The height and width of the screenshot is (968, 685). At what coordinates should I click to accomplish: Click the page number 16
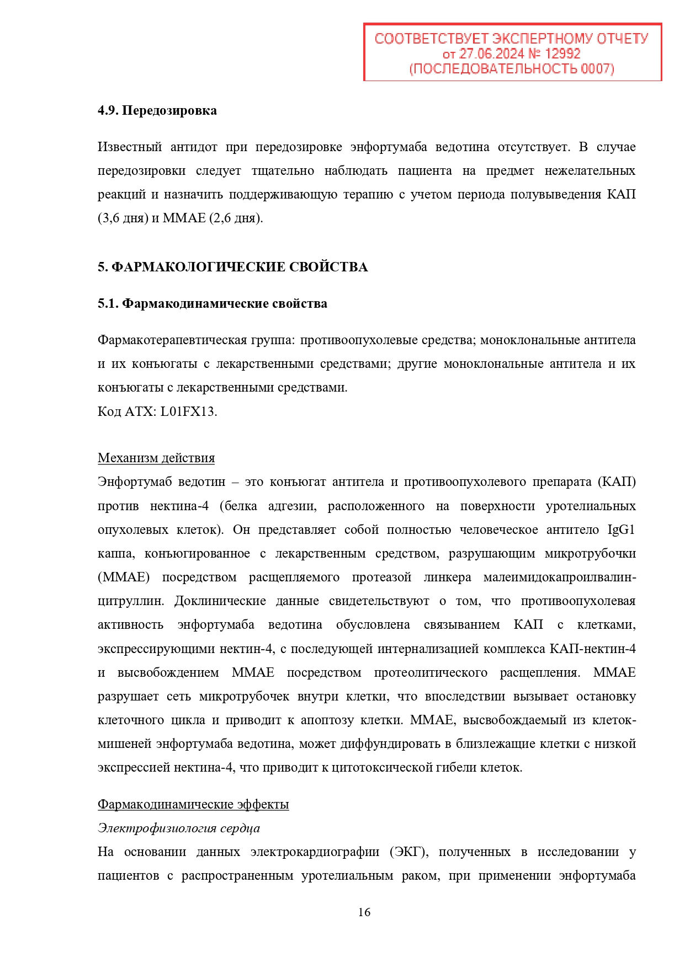click(x=364, y=912)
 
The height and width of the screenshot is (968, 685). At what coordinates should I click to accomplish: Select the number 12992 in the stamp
click(x=562, y=54)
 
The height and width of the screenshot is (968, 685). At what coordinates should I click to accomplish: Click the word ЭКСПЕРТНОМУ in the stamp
click(x=537, y=39)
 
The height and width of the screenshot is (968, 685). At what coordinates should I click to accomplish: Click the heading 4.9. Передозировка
click(x=157, y=110)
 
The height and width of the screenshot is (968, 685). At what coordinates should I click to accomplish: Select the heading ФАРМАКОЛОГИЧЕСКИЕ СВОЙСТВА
click(x=240, y=267)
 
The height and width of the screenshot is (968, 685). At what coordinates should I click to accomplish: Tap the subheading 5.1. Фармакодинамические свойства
click(x=213, y=303)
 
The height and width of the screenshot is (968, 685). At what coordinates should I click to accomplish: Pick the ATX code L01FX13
click(x=188, y=411)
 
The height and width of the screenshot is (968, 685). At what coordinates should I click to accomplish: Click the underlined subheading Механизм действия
click(x=156, y=458)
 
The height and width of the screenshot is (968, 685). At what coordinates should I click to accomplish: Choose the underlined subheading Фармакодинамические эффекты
click(x=193, y=804)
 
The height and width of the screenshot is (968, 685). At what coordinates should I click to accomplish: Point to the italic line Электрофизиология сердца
click(x=179, y=828)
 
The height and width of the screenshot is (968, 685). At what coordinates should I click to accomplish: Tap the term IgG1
click(x=621, y=530)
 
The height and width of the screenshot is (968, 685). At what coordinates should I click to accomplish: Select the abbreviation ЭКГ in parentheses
click(x=408, y=852)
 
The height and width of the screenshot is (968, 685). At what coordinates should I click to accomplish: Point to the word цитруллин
click(x=130, y=601)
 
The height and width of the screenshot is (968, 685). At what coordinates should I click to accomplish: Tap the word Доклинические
click(x=220, y=601)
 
